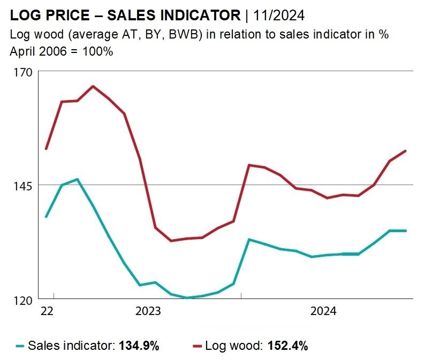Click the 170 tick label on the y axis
[23, 73]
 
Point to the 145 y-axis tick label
[23, 187]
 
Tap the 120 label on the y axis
[23, 301]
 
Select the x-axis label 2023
[148, 311]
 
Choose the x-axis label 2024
[323, 311]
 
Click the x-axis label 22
[47, 311]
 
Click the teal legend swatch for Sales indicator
[20, 346]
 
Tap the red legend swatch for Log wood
[198, 346]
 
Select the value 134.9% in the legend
[139, 346]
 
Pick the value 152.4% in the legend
[288, 346]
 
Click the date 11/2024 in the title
[279, 15]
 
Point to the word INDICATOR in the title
[201, 15]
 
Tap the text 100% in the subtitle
[97, 51]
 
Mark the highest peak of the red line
[93, 87]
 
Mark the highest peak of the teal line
[78, 179]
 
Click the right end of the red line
[406, 151]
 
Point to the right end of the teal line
[406, 231]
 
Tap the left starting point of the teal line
[46, 217]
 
